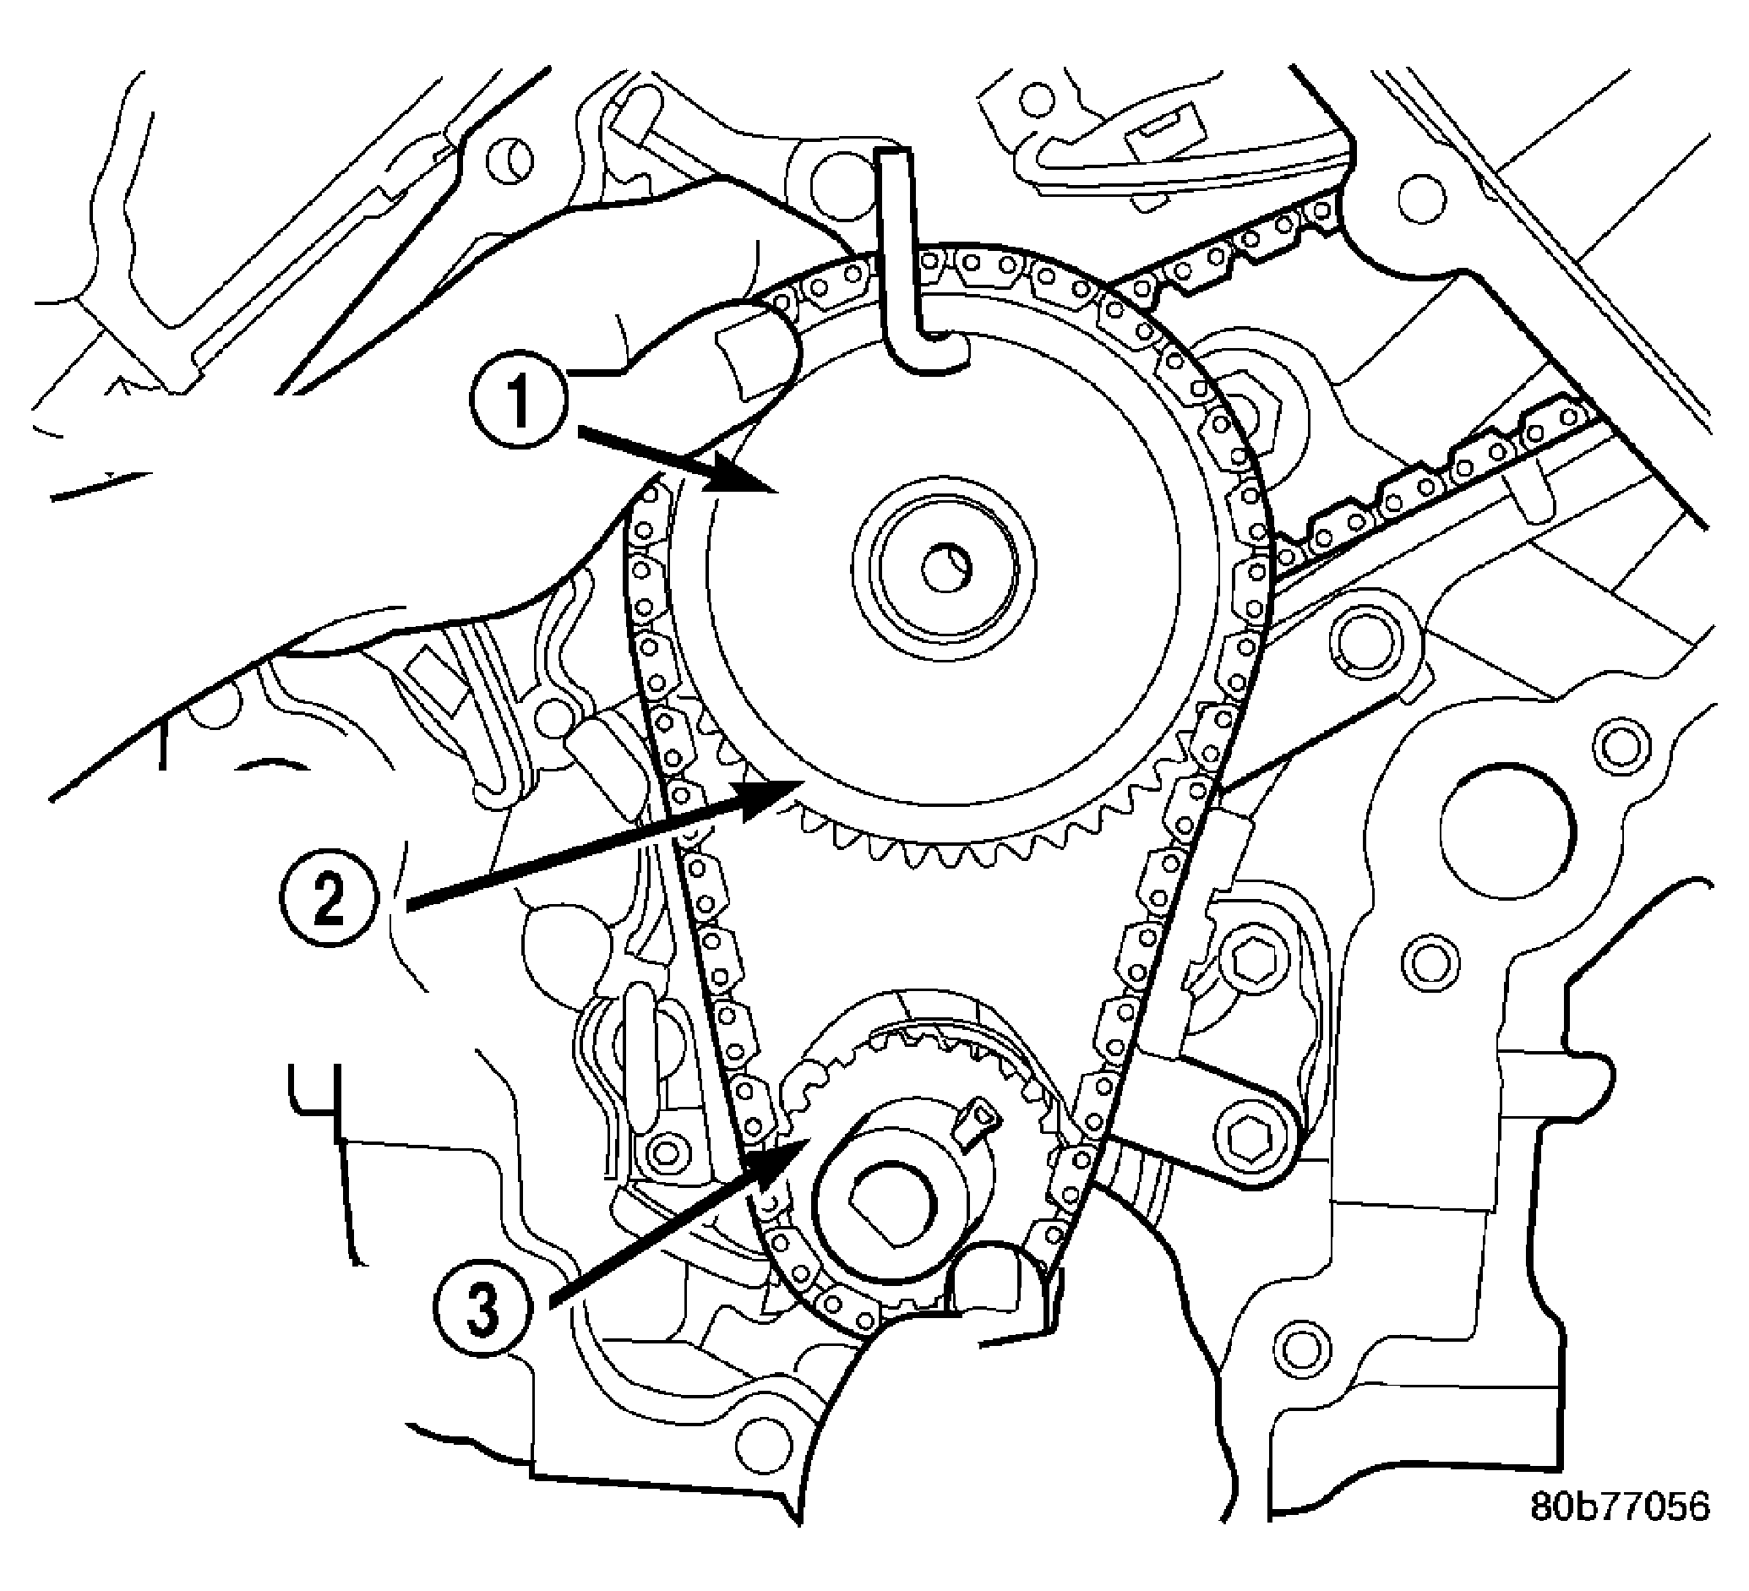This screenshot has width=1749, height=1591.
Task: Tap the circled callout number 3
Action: tap(482, 1308)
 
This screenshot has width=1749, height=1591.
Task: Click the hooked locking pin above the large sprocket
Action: tap(902, 260)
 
